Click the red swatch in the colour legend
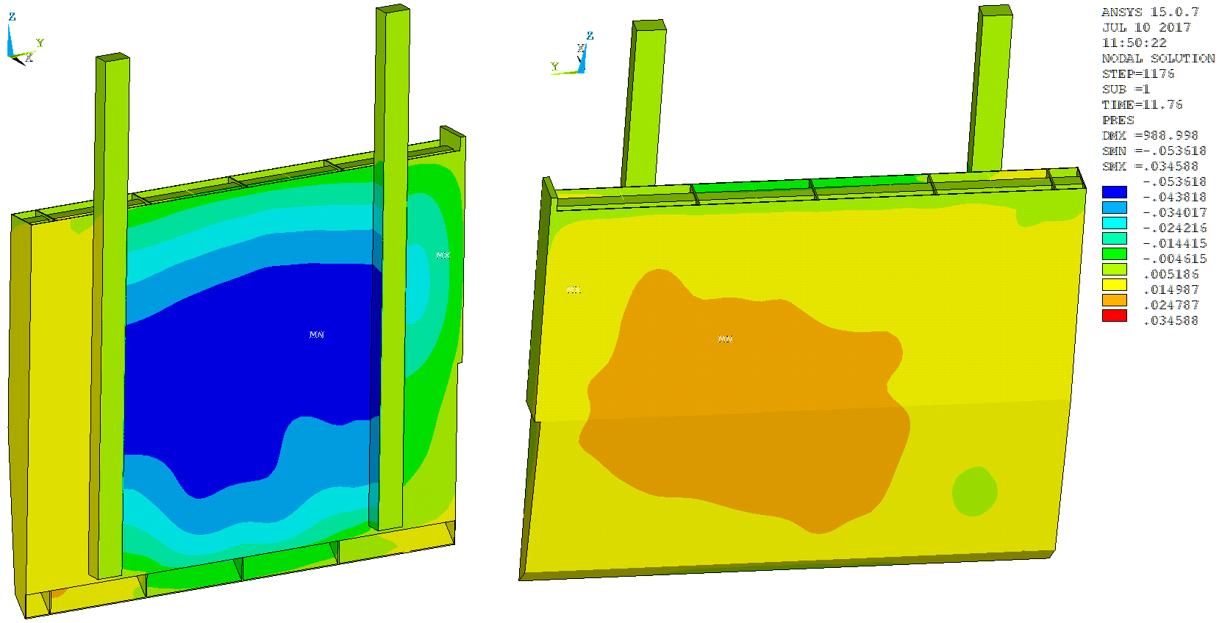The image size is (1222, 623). (x=1115, y=316)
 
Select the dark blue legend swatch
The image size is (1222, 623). (x=1115, y=192)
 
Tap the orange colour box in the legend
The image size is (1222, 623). (x=1115, y=300)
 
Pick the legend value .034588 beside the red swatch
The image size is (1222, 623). (x=1171, y=320)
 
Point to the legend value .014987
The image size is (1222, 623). (x=1171, y=290)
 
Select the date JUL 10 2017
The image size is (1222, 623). (x=1146, y=27)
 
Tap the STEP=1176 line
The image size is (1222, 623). (x=1138, y=73)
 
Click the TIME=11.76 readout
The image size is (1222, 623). (x=1142, y=104)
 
